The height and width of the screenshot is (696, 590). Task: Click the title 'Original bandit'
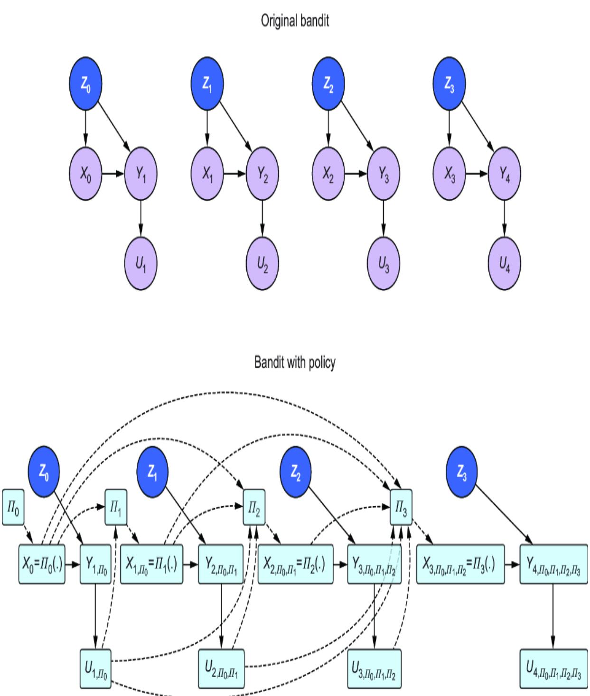click(x=295, y=22)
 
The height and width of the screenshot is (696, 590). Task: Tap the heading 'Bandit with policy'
click(x=295, y=363)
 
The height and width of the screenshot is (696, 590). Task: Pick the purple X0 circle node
click(x=85, y=175)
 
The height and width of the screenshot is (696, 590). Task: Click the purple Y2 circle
click(x=262, y=175)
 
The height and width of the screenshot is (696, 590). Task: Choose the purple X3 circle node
click(x=449, y=175)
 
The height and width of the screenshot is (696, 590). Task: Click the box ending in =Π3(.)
click(x=460, y=564)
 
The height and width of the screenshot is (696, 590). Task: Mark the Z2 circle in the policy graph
click(x=296, y=471)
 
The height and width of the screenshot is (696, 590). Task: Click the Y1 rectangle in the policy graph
click(x=96, y=564)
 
